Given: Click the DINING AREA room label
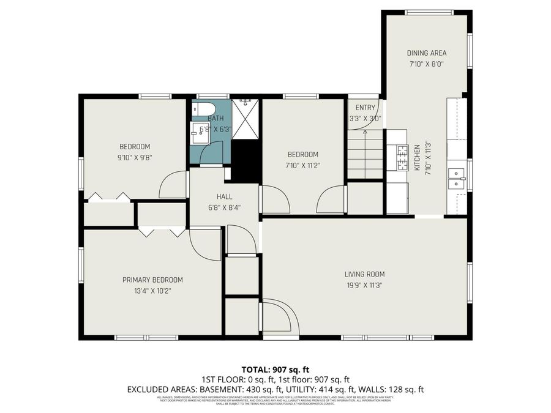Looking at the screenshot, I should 427,53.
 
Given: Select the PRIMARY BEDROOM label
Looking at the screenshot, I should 152,280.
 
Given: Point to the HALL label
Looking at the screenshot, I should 224,197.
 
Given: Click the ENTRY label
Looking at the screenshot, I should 365,108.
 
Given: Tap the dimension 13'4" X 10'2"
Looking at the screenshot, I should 152,291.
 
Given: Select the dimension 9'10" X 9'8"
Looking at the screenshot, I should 135,157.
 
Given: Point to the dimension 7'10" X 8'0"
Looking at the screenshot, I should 427,63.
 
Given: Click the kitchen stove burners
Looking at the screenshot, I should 402,157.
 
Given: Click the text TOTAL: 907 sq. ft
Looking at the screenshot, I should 275,370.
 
